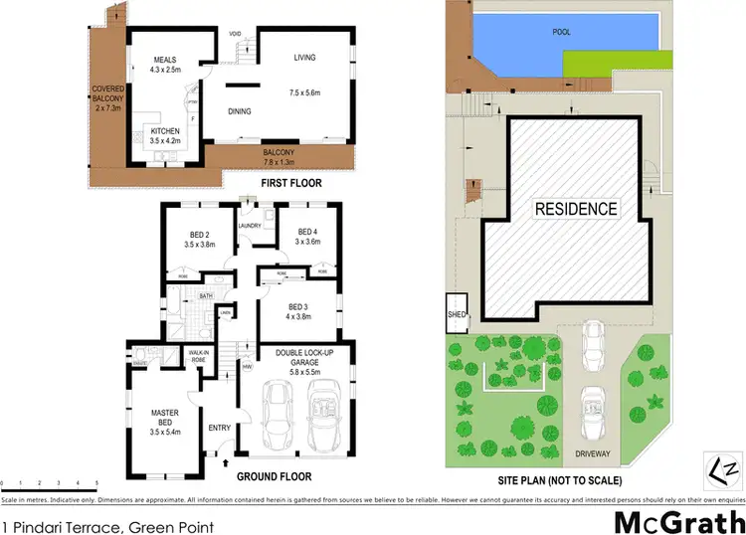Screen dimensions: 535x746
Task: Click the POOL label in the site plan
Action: coord(563,31)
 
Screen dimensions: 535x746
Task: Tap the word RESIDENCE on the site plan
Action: coord(576,210)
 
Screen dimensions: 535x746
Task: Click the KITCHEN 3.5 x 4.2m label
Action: coord(166,137)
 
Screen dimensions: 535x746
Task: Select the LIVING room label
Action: coord(302,59)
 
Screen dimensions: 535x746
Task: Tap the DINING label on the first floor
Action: coord(241,111)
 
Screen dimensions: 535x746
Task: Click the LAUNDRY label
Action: coord(249,226)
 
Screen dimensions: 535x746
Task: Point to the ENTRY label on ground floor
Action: coord(220,429)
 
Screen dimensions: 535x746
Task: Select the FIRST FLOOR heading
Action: coord(283,185)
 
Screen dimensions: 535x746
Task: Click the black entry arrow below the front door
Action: coord(224,462)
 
